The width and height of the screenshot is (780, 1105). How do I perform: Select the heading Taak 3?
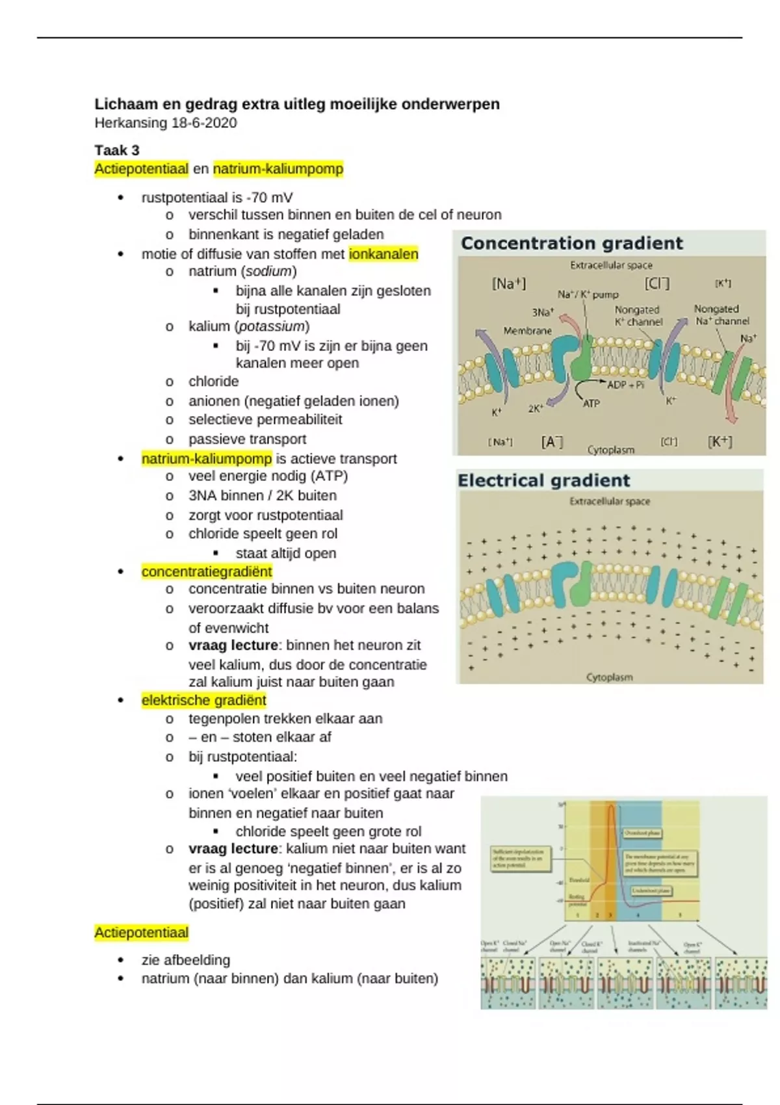coord(117,150)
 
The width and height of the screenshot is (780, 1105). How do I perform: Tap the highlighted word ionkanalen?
coord(383,253)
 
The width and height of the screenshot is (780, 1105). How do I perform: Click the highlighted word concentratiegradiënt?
coord(207,571)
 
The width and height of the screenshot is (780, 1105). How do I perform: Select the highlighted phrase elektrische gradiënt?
coord(203,700)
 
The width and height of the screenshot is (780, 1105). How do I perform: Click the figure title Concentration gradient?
coord(571,243)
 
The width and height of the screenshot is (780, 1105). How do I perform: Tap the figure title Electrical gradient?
coord(543,480)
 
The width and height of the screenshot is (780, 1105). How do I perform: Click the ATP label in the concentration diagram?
coord(591,404)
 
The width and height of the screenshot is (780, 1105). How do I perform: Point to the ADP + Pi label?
coord(625,384)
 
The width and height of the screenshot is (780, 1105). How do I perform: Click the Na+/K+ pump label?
coord(588,294)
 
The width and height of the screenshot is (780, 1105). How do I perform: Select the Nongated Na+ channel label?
coord(721,315)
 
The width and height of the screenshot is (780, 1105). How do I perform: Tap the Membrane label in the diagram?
coord(527,330)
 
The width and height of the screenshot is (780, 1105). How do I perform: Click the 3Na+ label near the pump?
coord(543,312)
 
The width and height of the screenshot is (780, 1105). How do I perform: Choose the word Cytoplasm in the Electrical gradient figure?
coord(609,677)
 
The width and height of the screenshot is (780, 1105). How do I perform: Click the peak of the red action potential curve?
coord(612,807)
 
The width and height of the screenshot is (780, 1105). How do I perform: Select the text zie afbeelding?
coord(186,960)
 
